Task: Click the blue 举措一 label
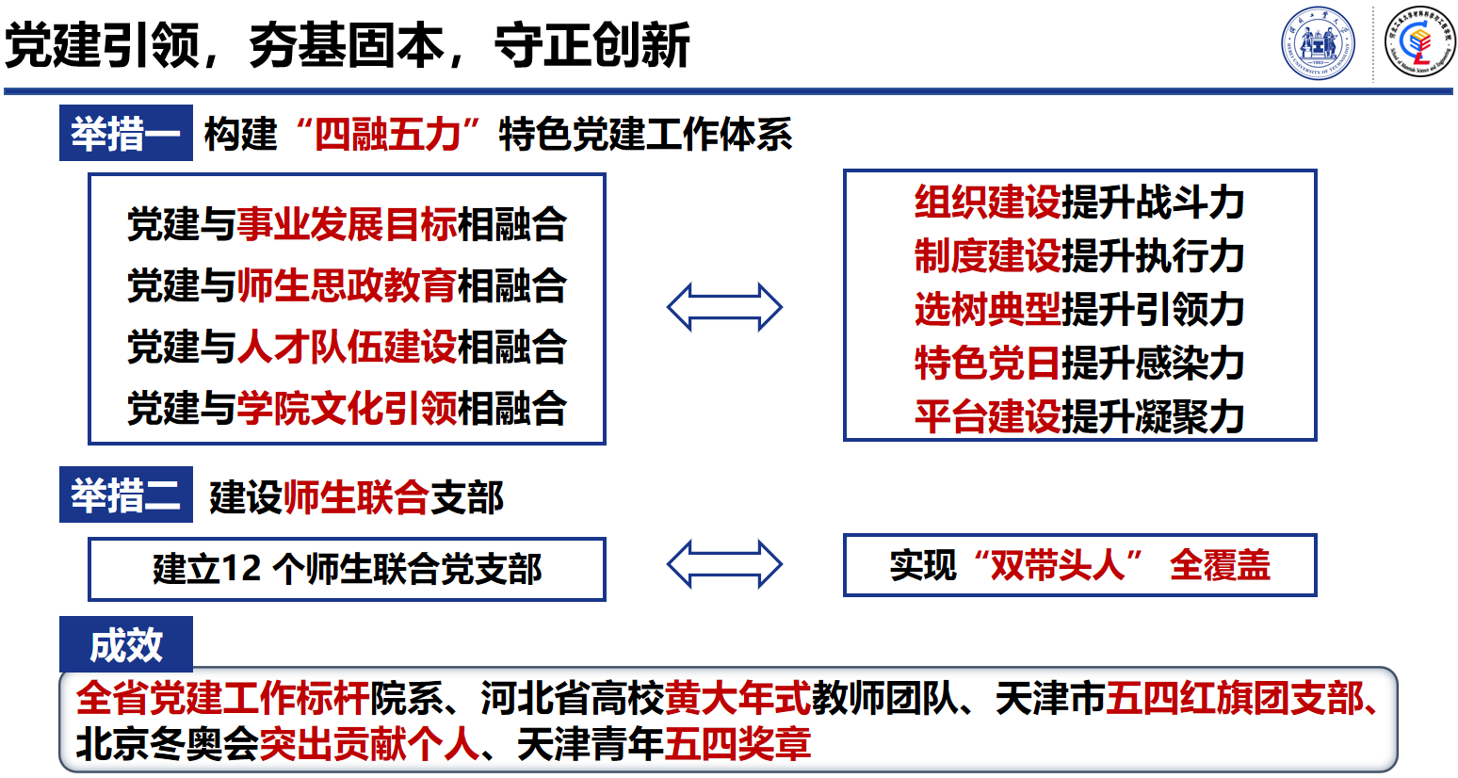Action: pyautogui.click(x=125, y=134)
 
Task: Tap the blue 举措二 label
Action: pyautogui.click(x=125, y=495)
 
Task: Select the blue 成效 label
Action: pyautogui.click(x=125, y=645)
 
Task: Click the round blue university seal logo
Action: pyautogui.click(x=1318, y=43)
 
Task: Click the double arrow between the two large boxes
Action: pyautogui.click(x=724, y=307)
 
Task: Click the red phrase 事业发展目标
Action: pyautogui.click(x=347, y=225)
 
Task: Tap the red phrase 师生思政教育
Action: pyautogui.click(x=347, y=286)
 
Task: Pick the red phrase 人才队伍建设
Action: pyautogui.click(x=347, y=348)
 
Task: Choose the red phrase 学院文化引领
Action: pyautogui.click(x=347, y=409)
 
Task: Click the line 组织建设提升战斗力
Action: pyautogui.click(x=1079, y=203)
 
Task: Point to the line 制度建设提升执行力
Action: pyautogui.click(x=1079, y=256)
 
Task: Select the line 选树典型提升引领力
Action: pyautogui.click(x=1079, y=310)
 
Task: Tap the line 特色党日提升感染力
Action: pyautogui.click(x=1079, y=364)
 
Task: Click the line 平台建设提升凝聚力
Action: pyautogui.click(x=1079, y=417)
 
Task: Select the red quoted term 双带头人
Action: pyautogui.click(x=1057, y=565)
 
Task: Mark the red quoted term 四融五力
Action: pyautogui.click(x=387, y=135)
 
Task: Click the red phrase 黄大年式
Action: pyautogui.click(x=737, y=699)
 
